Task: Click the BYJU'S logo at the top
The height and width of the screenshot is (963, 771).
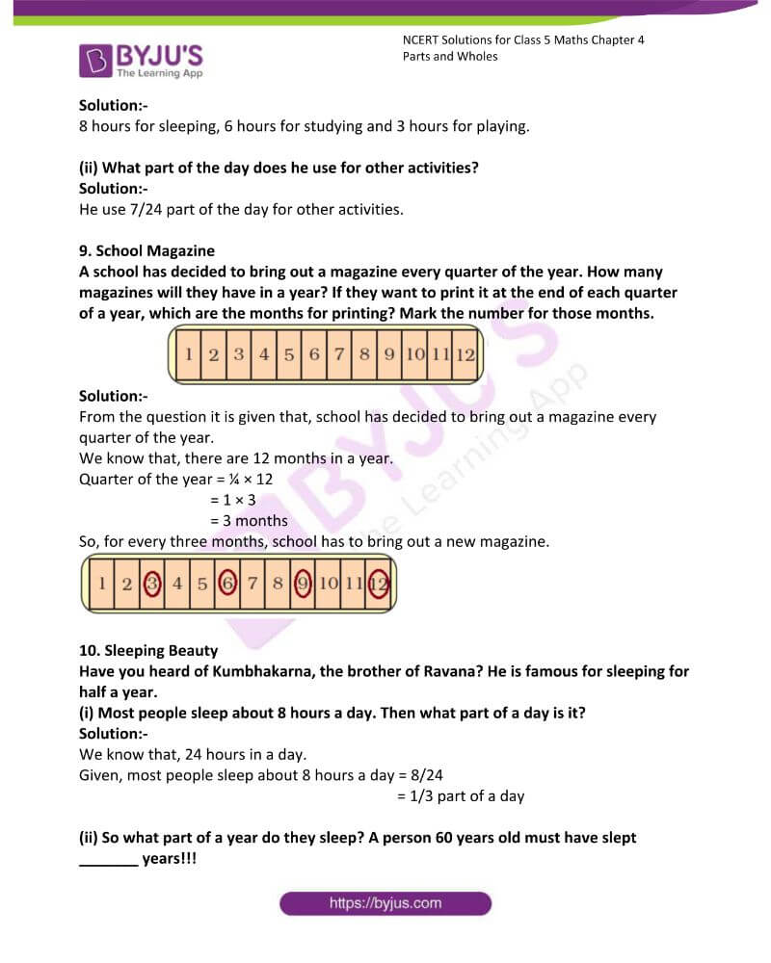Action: pos(141,60)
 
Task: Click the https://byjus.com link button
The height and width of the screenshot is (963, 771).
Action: pos(385,903)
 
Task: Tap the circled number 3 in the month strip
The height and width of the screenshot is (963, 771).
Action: pos(151,583)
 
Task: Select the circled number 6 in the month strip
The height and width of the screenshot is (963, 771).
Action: pos(226,583)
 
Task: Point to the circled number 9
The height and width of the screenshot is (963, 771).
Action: pos(303,583)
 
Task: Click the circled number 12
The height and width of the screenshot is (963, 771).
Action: pos(378,583)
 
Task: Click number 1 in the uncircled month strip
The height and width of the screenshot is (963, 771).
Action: pos(189,354)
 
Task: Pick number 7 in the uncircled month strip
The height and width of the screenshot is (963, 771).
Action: pos(338,354)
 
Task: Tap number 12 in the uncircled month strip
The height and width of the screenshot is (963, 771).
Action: pos(465,354)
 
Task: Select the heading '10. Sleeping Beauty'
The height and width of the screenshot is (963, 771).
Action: pos(148,650)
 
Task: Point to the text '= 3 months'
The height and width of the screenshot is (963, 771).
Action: pos(249,521)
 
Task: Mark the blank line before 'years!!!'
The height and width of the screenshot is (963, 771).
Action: pos(107,859)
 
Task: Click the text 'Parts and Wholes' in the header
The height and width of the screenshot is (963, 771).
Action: pos(450,56)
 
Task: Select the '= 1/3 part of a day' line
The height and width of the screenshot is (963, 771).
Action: pos(461,796)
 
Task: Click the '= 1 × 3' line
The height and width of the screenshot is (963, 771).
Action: pos(232,500)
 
